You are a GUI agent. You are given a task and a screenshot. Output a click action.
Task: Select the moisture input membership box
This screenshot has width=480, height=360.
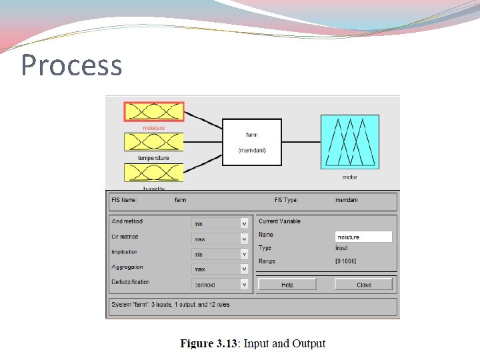pyautogui.click(x=153, y=111)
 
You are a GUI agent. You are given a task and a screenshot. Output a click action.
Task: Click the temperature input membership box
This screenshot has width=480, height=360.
pyautogui.click(x=153, y=141)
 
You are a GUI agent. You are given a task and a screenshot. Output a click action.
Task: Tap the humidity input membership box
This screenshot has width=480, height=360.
pyautogui.click(x=153, y=172)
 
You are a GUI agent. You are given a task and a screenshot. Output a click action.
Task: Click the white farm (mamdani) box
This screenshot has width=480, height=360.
pyautogui.click(x=252, y=142)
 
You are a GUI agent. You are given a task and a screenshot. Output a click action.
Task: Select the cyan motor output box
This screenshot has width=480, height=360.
pyautogui.click(x=349, y=141)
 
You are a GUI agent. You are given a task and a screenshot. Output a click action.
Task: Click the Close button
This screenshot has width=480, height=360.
pyautogui.click(x=363, y=285)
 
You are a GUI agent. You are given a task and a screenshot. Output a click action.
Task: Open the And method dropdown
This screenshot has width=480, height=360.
pyautogui.click(x=220, y=223)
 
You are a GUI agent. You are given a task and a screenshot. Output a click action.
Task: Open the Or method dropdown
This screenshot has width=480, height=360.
pyautogui.click(x=220, y=239)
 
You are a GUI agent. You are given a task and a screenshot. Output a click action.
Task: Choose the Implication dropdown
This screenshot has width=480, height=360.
pyautogui.click(x=220, y=254)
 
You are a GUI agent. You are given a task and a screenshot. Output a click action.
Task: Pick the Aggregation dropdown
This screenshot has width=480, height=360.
pyautogui.click(x=220, y=269)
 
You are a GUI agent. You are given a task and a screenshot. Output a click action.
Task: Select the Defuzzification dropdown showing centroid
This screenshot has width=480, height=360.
pyautogui.click(x=220, y=285)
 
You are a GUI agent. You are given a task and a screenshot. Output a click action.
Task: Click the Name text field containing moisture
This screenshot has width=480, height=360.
pyautogui.click(x=363, y=237)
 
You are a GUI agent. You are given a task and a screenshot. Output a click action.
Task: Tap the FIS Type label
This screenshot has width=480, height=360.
pyautogui.click(x=286, y=200)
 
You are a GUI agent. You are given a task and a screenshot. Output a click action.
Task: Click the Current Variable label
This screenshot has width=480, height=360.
pyautogui.click(x=279, y=221)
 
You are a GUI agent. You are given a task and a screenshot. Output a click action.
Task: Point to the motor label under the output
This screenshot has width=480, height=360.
pyautogui.click(x=349, y=177)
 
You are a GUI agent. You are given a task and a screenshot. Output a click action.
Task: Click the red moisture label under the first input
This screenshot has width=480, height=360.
pyautogui.click(x=153, y=128)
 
